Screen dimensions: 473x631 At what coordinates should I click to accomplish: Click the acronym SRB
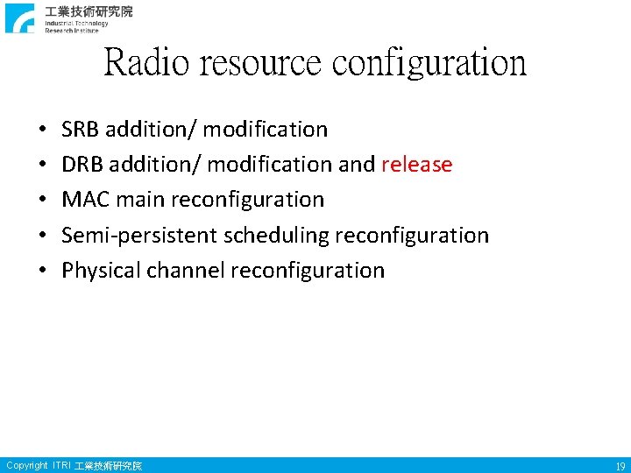[x=81, y=130]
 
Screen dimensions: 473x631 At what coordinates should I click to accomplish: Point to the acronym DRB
[x=82, y=165]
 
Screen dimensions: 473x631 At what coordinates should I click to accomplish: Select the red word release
[x=416, y=165]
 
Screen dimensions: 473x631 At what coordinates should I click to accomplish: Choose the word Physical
[x=101, y=271]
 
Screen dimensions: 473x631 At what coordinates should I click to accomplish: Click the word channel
[x=186, y=271]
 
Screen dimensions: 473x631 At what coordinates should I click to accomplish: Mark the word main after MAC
[x=140, y=200]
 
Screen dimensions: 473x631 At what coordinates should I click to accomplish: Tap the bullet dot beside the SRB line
[x=43, y=131]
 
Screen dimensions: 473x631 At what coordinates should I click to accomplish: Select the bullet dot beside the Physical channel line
[x=43, y=272]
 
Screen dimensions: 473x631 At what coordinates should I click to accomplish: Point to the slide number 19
[x=620, y=467]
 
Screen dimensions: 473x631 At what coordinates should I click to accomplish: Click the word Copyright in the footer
[x=26, y=466]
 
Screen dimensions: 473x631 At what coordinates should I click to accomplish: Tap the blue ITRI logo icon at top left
[x=20, y=18]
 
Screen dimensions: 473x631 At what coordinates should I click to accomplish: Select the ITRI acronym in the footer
[x=62, y=466]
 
